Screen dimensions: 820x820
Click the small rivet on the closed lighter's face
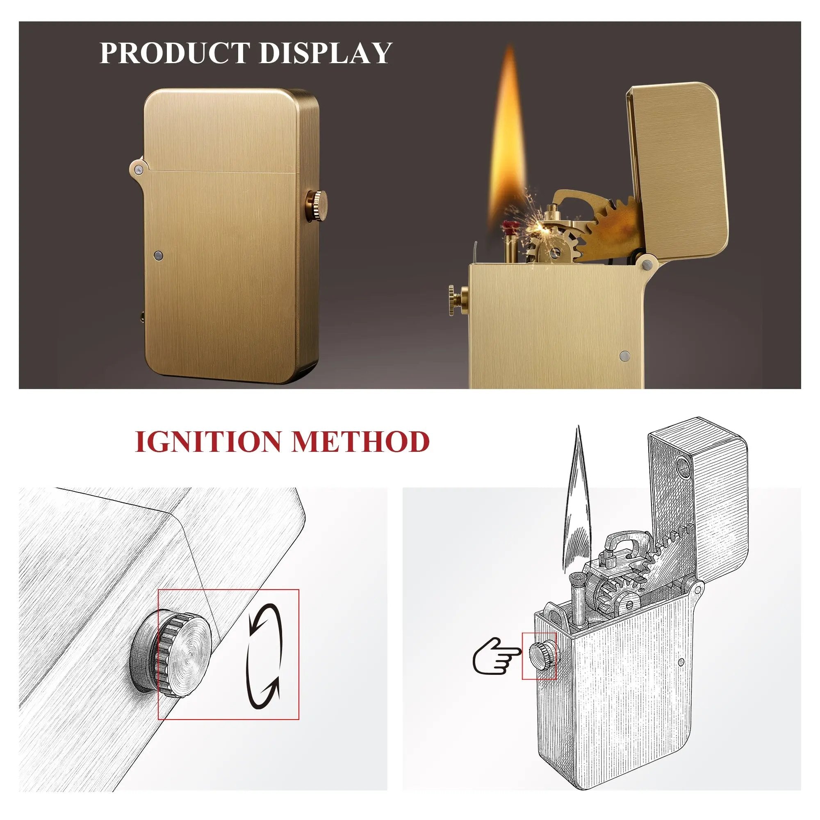coord(159,255)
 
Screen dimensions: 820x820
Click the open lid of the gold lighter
coord(679,170)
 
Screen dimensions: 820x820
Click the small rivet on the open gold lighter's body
coord(624,355)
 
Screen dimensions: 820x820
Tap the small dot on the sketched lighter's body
coord(681,662)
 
